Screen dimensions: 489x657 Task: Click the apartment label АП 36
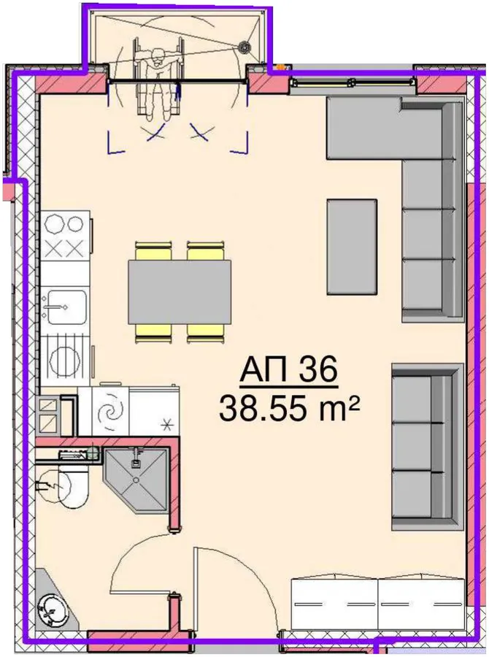[x=289, y=369]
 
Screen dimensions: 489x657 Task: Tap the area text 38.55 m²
[x=290, y=409]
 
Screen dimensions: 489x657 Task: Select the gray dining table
[x=180, y=292]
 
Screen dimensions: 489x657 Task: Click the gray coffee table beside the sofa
[x=352, y=247]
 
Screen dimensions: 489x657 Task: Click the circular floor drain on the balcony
[x=244, y=47]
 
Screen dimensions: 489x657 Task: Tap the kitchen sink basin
[x=66, y=307]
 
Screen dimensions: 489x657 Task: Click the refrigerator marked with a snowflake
[x=154, y=410]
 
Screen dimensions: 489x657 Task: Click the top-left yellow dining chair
[x=153, y=250]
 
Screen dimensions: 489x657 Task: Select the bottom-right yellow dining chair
[x=205, y=334]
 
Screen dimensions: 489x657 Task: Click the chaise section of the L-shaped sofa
[x=363, y=128]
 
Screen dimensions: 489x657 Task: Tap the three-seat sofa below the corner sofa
[x=428, y=448]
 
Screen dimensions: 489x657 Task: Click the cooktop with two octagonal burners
[x=65, y=235]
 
